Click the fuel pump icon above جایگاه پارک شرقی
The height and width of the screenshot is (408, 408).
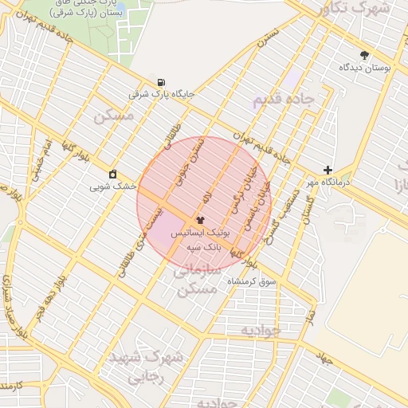163,82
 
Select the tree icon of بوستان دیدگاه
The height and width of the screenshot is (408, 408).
365,55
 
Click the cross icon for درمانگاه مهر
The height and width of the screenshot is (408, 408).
328,170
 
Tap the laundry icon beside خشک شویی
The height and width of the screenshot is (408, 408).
113,175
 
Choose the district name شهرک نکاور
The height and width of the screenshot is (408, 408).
352,9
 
